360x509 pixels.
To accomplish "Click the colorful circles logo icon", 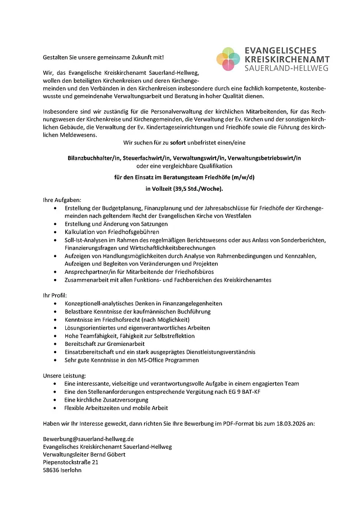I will coord(228,59).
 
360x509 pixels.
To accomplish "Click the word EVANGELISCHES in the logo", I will coord(281,51).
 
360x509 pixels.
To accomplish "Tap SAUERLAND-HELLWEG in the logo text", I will coord(286,68).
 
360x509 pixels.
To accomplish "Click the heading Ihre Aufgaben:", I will coord(62,200).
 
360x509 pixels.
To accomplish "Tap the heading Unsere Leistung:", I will coord(65,375).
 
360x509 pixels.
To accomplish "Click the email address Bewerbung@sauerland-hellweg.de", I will coord(88,438).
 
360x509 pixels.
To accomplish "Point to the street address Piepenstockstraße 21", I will coord(71,462).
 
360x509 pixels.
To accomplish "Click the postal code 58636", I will coord(52,470).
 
